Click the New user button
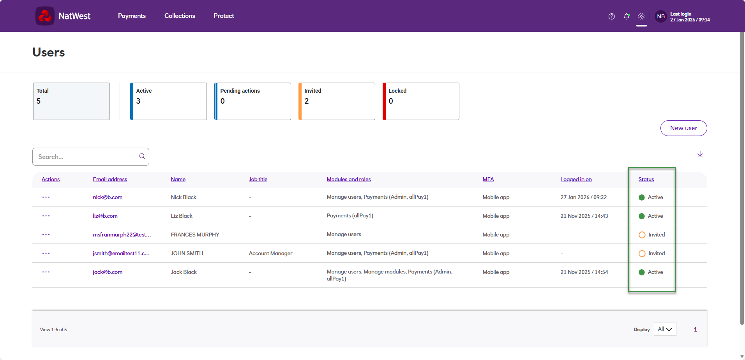coord(683,128)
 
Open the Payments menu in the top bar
coord(132,16)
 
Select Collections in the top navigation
coord(180,16)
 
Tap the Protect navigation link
coord(224,16)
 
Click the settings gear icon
coord(641,16)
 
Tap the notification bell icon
coord(627,16)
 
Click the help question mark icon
coord(612,16)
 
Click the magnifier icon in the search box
coord(142,156)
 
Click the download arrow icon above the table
coord(700,154)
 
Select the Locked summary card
coord(421,101)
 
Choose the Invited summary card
coord(337,101)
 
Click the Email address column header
coord(110,179)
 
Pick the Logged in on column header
coord(576,179)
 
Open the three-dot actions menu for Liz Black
coord(46,216)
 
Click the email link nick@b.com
coord(108,197)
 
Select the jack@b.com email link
coord(108,272)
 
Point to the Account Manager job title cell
coord(270,253)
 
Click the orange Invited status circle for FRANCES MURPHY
coord(642,235)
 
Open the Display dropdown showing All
coord(665,329)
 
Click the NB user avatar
coord(661,16)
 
